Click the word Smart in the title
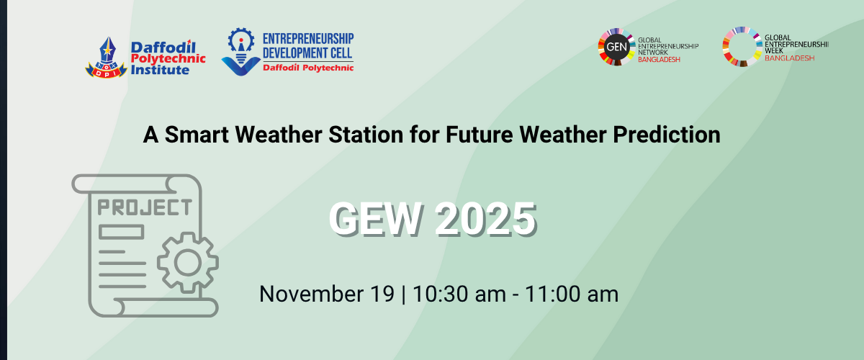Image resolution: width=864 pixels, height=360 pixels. click(197, 134)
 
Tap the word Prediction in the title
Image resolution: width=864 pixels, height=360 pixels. click(667, 135)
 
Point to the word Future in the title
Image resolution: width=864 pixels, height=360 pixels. click(479, 134)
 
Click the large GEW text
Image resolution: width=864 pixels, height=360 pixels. click(374, 218)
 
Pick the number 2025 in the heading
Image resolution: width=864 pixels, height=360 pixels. click(485, 218)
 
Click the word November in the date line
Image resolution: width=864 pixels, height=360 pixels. click(311, 294)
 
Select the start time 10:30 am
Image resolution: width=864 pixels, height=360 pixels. click(459, 294)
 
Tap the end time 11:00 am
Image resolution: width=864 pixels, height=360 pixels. click(572, 294)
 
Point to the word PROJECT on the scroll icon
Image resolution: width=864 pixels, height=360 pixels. click(145, 207)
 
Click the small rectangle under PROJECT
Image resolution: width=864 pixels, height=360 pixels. click(121, 232)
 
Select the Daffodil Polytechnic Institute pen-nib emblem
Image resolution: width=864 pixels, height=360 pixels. click(106, 57)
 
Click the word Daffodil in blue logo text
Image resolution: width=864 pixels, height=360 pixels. click(163, 48)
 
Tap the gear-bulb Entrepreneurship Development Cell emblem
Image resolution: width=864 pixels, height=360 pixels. click(241, 51)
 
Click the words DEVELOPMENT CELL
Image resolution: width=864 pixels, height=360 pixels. click(307, 53)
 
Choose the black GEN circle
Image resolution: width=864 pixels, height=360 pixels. click(616, 47)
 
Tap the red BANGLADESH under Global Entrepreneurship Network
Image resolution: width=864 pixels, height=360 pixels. click(659, 60)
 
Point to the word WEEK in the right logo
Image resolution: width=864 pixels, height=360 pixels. click(774, 51)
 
